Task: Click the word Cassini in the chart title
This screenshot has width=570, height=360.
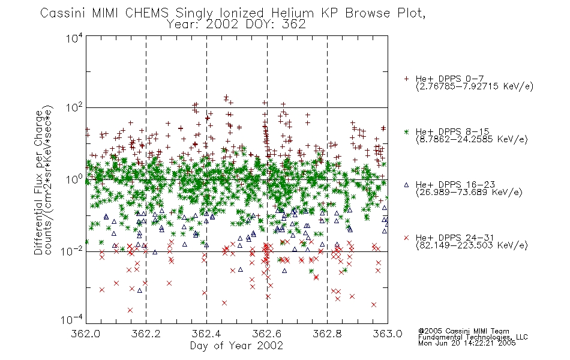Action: pyautogui.click(x=63, y=13)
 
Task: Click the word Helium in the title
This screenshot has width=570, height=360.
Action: pyautogui.click(x=292, y=13)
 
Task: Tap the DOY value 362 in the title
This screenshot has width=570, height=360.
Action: pyautogui.click(x=294, y=25)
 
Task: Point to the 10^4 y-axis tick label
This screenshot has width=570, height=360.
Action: pyautogui.click(x=74, y=38)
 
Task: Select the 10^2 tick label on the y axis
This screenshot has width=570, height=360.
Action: pyautogui.click(x=74, y=108)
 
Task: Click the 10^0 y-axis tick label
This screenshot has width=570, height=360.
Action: pyautogui.click(x=74, y=179)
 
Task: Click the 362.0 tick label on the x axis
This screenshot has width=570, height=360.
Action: pyautogui.click(x=86, y=334)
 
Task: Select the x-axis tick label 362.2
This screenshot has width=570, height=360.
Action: pyautogui.click(x=146, y=334)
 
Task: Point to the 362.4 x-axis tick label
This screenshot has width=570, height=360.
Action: pyautogui.click(x=206, y=334)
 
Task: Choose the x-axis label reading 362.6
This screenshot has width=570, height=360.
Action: pyautogui.click(x=267, y=334)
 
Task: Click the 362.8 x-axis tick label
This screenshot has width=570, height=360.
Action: pyautogui.click(x=327, y=334)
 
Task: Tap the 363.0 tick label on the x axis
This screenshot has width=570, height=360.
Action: pyautogui.click(x=388, y=334)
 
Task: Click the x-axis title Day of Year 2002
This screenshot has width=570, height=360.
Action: pyautogui.click(x=236, y=346)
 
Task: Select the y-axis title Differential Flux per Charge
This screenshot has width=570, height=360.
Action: pyautogui.click(x=38, y=182)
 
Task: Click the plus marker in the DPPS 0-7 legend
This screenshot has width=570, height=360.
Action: pyautogui.click(x=406, y=79)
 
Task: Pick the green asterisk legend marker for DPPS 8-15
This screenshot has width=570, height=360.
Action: pyautogui.click(x=406, y=131)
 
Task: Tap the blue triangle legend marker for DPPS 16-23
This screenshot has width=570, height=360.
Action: pyautogui.click(x=406, y=185)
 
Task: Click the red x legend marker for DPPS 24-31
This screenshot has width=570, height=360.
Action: pyautogui.click(x=406, y=238)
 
